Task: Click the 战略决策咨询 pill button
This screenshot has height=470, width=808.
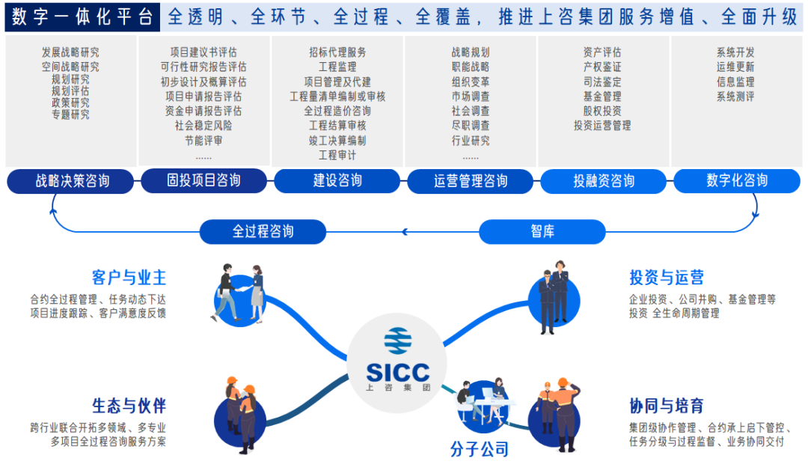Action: pos(70,181)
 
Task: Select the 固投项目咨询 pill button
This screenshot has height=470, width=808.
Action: pos(203,180)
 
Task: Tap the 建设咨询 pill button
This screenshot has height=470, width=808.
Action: pos(337,181)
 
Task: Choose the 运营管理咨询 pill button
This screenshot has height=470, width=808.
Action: pos(470,181)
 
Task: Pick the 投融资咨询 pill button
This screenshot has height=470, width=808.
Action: pos(604,181)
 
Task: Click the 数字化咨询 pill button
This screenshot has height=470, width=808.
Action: pos(737,180)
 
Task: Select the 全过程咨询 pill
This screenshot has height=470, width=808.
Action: pos(263,231)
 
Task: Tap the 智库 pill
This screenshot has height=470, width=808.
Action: pos(542,231)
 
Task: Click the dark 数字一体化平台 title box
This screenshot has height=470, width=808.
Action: pos(82,16)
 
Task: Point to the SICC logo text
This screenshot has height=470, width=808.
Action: pos(397,372)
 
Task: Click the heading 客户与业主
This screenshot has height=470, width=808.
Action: pos(129,277)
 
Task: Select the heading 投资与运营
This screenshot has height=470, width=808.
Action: pos(667,277)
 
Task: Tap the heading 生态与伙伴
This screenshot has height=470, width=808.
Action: pos(129,406)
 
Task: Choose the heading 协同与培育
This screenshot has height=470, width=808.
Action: pos(667,406)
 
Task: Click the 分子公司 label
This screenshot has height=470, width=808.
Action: pos(480,449)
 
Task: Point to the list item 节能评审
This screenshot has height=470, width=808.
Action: pos(203,140)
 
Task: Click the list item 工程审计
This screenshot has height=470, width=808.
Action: pos(337,155)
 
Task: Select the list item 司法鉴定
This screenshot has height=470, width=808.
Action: pos(602,82)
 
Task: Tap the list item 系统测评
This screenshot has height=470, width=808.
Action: pos(735,96)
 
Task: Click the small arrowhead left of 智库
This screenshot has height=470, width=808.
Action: pos(405,232)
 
